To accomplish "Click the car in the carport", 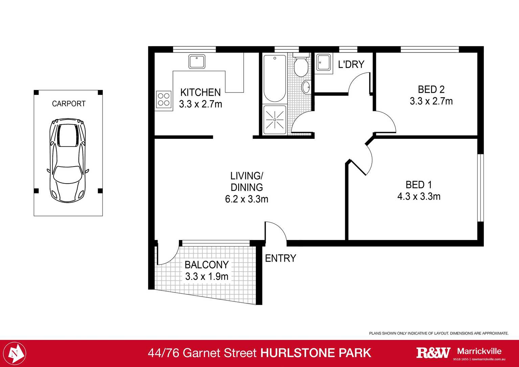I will coord(68,160).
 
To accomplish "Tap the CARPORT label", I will coord(69,104).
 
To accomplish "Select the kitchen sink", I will coord(197,62).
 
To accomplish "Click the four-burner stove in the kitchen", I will coord(163,100).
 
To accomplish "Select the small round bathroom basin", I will coord(306,87).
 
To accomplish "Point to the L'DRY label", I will coord(351,64).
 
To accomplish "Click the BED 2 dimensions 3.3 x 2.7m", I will coord(431,101).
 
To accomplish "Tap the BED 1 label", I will coord(419,185).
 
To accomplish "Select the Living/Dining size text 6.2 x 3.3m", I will coord(247,199).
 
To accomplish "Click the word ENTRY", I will coord(280,258).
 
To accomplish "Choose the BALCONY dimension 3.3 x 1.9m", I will coord(207,276).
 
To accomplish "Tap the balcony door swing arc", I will coord(168,254).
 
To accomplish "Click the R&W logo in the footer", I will coord(433,353).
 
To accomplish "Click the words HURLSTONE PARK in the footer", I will coord(316,353).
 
